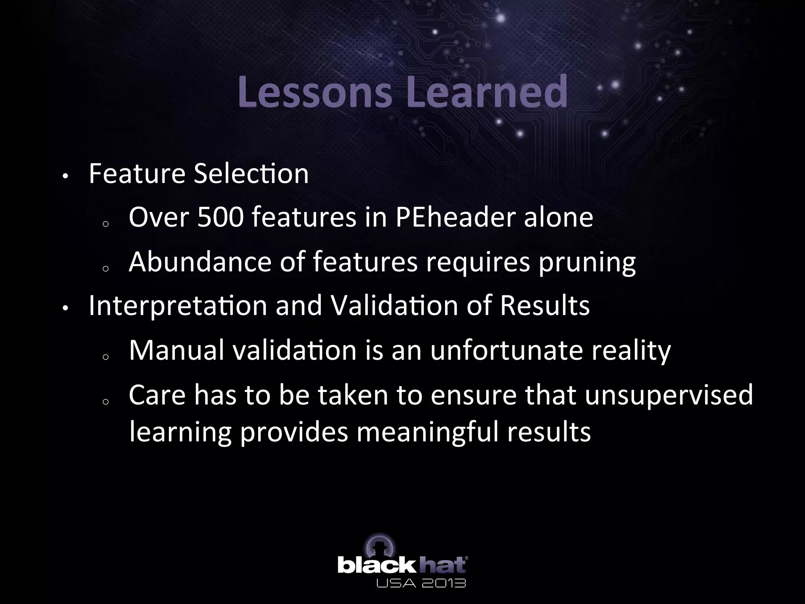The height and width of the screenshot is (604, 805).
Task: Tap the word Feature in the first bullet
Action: [x=137, y=173]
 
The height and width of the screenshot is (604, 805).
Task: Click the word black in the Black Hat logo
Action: [x=376, y=565]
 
